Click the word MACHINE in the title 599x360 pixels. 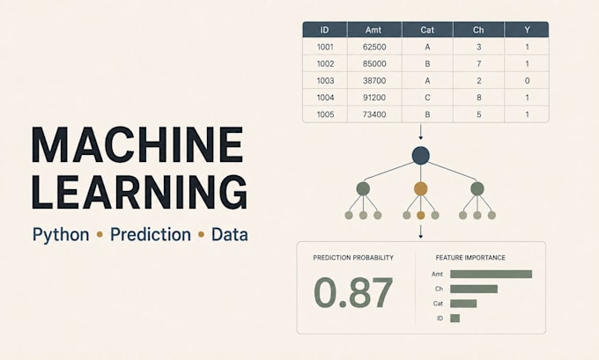pyautogui.click(x=137, y=145)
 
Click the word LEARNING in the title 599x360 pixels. pyautogui.click(x=140, y=192)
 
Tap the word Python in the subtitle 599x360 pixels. pyautogui.click(x=61, y=235)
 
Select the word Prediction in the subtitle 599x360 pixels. pyautogui.click(x=151, y=234)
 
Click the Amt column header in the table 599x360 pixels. pyautogui.click(x=373, y=30)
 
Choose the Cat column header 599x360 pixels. pyautogui.click(x=427, y=30)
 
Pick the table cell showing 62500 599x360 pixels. pyautogui.click(x=374, y=47)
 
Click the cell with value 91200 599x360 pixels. pyautogui.click(x=374, y=98)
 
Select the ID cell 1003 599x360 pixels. pyautogui.click(x=325, y=81)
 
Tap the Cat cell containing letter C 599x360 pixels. pyautogui.click(x=427, y=98)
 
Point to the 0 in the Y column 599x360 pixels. pyautogui.click(x=527, y=81)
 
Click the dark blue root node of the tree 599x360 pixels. pyautogui.click(x=420, y=156)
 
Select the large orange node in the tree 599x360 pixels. pyautogui.click(x=420, y=188)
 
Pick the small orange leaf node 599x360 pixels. pyautogui.click(x=420, y=216)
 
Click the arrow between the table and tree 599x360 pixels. pyautogui.click(x=420, y=132)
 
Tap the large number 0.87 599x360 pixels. pyautogui.click(x=353, y=293)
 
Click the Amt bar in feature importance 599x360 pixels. pyautogui.click(x=491, y=274)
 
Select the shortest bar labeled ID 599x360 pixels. pyautogui.click(x=455, y=319)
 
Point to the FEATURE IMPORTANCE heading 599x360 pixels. pyautogui.click(x=470, y=258)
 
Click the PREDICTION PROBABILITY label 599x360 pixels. pyautogui.click(x=353, y=258)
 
